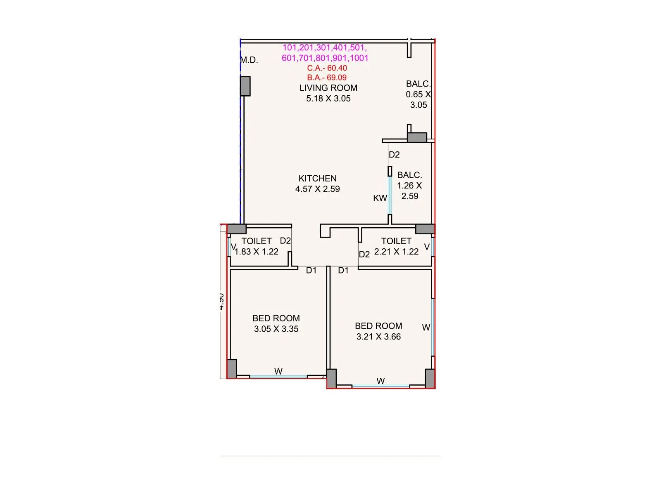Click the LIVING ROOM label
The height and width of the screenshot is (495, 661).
(328, 88)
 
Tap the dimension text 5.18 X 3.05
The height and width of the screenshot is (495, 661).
(328, 99)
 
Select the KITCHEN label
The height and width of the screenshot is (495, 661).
(317, 179)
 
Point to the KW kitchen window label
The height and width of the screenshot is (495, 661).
(380, 198)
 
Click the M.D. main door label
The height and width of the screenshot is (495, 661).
(249, 60)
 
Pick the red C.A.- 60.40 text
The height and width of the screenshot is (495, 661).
(327, 68)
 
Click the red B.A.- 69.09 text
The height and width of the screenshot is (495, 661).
(326, 78)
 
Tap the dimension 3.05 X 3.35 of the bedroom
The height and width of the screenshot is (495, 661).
(276, 329)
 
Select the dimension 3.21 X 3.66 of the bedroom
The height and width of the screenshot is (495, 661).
(378, 337)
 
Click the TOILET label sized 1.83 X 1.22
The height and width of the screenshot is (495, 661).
(256, 241)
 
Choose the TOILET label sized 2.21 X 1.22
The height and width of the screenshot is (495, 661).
(396, 241)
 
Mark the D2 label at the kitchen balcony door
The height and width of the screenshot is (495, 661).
(394, 155)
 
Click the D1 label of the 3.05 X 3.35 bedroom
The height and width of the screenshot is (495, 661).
(311, 271)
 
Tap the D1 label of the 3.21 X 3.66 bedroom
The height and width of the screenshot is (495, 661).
(343, 271)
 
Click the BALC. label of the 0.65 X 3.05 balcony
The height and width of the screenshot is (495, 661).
(418, 84)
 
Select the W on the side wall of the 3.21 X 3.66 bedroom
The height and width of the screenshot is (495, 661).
(426, 328)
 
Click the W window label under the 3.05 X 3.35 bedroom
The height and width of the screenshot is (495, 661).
(278, 372)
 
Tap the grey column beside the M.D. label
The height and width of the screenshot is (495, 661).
(245, 86)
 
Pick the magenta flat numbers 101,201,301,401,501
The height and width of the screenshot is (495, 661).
(324, 48)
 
